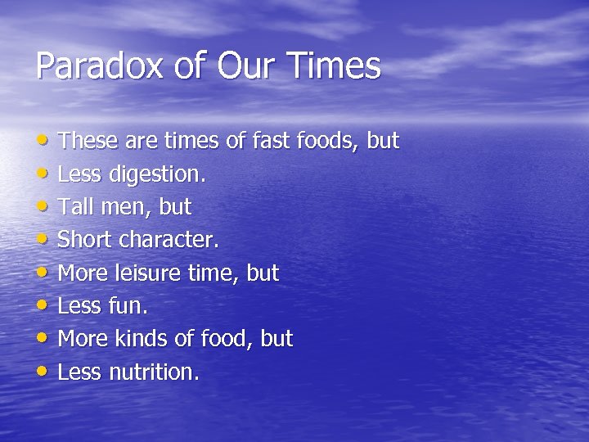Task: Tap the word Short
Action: (x=85, y=241)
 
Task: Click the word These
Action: (x=88, y=141)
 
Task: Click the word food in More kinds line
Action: (x=220, y=339)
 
